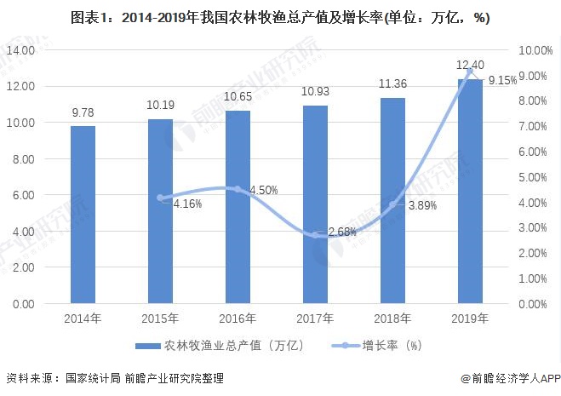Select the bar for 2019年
pyautogui.click(x=471, y=191)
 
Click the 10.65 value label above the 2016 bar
pyautogui.click(x=238, y=100)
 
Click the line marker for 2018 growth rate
pyautogui.click(x=392, y=204)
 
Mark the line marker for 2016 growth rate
pyautogui.click(x=238, y=189)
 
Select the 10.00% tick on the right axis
pyautogui.click(x=535, y=50)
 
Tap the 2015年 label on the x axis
pyautogui.click(x=160, y=319)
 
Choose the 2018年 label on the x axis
pyautogui.click(x=392, y=319)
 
